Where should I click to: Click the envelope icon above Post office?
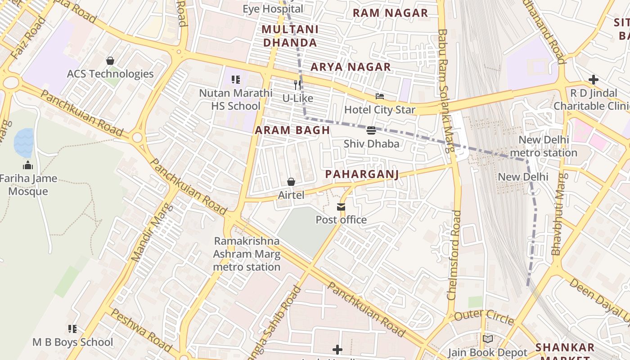(341, 207)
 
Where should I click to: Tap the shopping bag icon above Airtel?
(291, 182)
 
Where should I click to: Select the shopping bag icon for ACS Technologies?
(110, 61)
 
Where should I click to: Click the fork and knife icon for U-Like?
(297, 85)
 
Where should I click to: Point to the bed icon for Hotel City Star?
(380, 96)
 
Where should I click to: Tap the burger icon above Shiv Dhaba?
(371, 130)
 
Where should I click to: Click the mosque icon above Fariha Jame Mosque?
(28, 165)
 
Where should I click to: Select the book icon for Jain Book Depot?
(488, 339)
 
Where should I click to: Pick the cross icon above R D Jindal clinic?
(593, 80)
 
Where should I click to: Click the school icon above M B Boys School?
(72, 329)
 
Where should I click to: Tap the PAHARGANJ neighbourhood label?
(362, 174)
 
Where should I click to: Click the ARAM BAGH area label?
(292, 130)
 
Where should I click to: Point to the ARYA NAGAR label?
(351, 67)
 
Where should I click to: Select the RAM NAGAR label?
(390, 13)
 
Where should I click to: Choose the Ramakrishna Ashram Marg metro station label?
(247, 254)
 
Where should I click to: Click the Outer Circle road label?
(484, 316)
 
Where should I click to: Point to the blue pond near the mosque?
(23, 142)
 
